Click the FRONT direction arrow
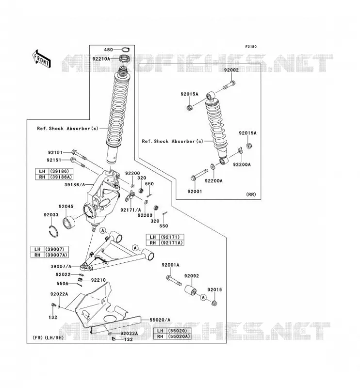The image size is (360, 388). (x=42, y=59)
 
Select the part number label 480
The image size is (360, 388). (x=109, y=50)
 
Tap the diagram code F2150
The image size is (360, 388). (x=251, y=47)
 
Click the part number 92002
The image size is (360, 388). (x=231, y=70)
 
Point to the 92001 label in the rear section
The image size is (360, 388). (x=195, y=191)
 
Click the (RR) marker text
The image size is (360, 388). (x=251, y=194)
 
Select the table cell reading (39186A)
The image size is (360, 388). (x=61, y=177)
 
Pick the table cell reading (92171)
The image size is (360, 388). (x=172, y=237)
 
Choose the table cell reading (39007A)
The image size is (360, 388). (x=56, y=255)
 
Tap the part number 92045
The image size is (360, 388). (x=66, y=207)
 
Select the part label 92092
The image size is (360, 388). (x=191, y=276)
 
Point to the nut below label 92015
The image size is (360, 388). (x=214, y=303)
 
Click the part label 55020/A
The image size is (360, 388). (x=160, y=320)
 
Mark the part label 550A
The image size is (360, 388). (x=63, y=284)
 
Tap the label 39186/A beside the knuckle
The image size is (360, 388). (x=75, y=185)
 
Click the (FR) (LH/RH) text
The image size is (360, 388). (x=48, y=338)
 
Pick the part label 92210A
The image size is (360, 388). (x=101, y=59)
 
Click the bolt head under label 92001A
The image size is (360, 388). (x=169, y=277)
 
